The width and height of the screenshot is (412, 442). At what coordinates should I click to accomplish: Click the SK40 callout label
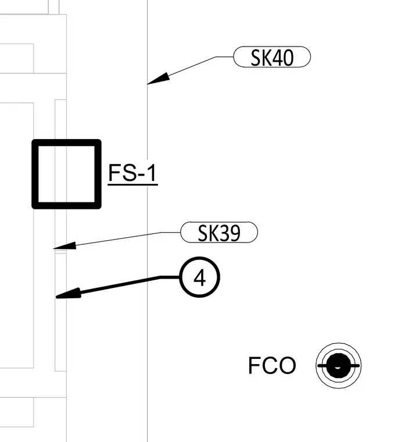pyautogui.click(x=272, y=57)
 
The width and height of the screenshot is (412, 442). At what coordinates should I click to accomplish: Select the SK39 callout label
pyautogui.click(x=219, y=233)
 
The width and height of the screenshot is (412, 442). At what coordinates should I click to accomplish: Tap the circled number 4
pyautogui.click(x=200, y=277)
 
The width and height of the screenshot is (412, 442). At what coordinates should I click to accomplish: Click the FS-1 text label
pyautogui.click(x=132, y=173)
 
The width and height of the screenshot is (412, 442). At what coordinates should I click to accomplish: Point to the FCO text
pyautogui.click(x=272, y=365)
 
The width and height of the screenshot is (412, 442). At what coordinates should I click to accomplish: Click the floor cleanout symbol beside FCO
pyautogui.click(x=339, y=366)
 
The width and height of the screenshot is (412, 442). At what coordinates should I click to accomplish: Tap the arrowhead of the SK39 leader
pyautogui.click(x=65, y=246)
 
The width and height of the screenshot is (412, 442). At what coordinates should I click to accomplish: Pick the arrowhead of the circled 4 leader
pyautogui.click(x=69, y=294)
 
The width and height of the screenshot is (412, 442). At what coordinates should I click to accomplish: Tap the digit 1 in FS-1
pyautogui.click(x=152, y=173)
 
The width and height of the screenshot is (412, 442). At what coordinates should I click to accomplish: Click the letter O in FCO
pyautogui.click(x=288, y=365)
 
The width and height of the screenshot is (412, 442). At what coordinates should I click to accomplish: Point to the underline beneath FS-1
pyautogui.click(x=132, y=184)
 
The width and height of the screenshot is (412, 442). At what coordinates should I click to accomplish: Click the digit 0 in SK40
pyautogui.click(x=288, y=58)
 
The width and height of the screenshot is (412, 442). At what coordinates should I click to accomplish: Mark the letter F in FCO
pyautogui.click(x=254, y=365)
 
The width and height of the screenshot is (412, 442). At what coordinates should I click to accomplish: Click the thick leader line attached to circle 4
pyautogui.click(x=119, y=286)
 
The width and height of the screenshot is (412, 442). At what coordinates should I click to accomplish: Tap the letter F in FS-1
pyautogui.click(x=114, y=173)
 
